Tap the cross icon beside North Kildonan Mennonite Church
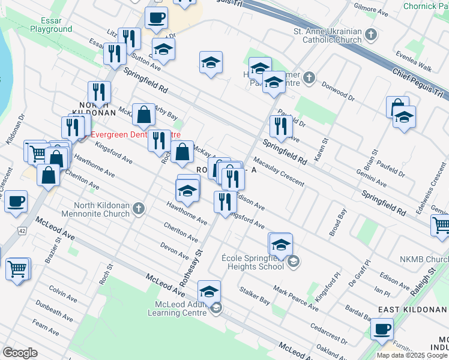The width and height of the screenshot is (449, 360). [x=139, y=209]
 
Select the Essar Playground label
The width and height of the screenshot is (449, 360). [x=51, y=25]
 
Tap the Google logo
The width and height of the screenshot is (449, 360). [x=20, y=353]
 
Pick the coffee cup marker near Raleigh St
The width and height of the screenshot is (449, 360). [x=382, y=329]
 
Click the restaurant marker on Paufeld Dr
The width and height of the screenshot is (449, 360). [x=281, y=126]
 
